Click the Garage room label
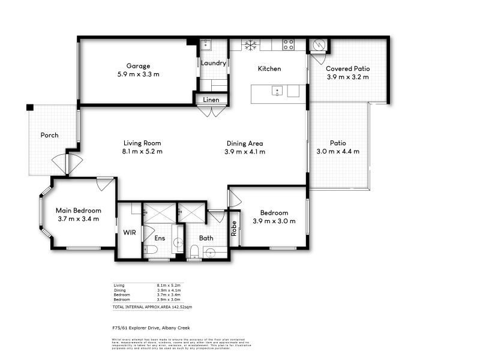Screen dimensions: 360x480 tap(138, 66)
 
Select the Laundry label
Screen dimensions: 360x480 tap(214, 63)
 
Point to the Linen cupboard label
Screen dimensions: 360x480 tap(211, 100)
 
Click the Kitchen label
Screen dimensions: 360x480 tap(269, 69)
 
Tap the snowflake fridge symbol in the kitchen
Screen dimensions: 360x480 tap(250, 44)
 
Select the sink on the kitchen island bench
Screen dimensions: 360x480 tap(277, 91)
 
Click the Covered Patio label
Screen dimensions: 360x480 tap(347, 68)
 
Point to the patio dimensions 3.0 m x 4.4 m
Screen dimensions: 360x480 tap(338, 152)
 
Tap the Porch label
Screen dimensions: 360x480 tap(49, 135)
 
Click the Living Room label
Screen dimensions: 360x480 tap(142, 143)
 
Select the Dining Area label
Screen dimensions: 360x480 tap(245, 143)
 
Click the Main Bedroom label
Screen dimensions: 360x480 tap(78, 211)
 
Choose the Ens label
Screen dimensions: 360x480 tap(160, 238)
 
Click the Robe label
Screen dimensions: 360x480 tap(233, 228)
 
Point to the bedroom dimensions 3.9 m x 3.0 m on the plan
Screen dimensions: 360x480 tap(274, 221)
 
